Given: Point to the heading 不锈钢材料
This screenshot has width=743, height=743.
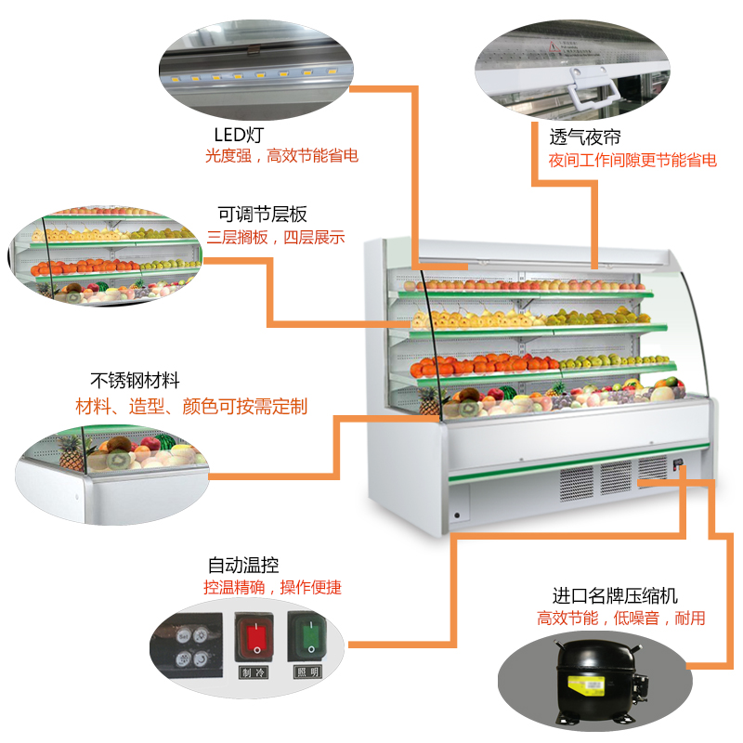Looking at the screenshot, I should coord(135,381).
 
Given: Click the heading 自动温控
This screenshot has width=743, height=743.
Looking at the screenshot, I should coord(243,565).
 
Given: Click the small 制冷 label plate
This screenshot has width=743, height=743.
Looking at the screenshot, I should coord(253,672).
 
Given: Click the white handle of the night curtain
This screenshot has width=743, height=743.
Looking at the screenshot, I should coord(593,93).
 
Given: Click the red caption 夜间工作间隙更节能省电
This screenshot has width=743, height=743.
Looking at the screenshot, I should coord(632,160).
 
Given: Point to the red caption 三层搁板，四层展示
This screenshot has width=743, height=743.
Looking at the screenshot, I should coord(276,237).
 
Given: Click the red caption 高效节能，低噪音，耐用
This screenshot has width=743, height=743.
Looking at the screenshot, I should coord(620,619).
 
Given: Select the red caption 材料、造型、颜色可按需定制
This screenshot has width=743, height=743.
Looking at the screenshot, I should coord(191,407).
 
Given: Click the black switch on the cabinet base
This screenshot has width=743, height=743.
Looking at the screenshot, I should coord(679,463).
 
